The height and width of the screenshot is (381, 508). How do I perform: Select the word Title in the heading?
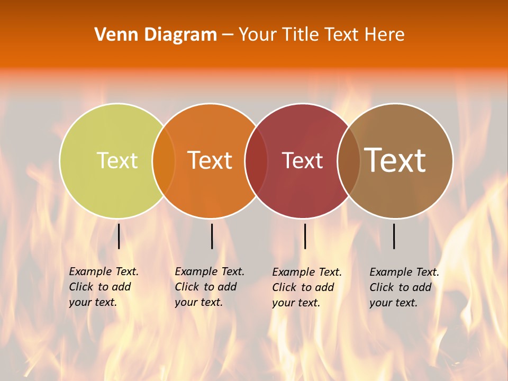(x=298, y=35)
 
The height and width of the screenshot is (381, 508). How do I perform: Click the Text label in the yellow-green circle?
(x=117, y=160)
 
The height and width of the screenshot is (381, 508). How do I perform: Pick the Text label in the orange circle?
(x=210, y=160)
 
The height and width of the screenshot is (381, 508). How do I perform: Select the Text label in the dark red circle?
(x=302, y=161)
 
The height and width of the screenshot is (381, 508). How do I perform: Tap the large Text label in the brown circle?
(x=395, y=160)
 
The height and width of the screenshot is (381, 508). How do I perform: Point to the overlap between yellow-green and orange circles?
(x=164, y=161)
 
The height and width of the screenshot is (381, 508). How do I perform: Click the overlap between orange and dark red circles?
(x=256, y=161)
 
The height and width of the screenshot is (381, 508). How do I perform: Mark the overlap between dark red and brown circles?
(x=349, y=161)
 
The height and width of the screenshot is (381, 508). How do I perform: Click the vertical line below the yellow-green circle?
(x=119, y=236)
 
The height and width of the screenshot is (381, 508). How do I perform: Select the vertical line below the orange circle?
(x=212, y=236)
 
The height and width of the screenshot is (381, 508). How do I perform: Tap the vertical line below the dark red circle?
(x=305, y=236)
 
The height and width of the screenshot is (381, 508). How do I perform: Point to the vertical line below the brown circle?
(x=394, y=236)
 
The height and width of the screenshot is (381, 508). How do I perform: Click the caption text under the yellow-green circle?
(x=104, y=287)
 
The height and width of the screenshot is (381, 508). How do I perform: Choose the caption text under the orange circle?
(x=210, y=287)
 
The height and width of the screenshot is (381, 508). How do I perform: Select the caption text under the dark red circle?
(x=307, y=287)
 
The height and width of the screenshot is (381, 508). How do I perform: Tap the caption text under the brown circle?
(x=404, y=287)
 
